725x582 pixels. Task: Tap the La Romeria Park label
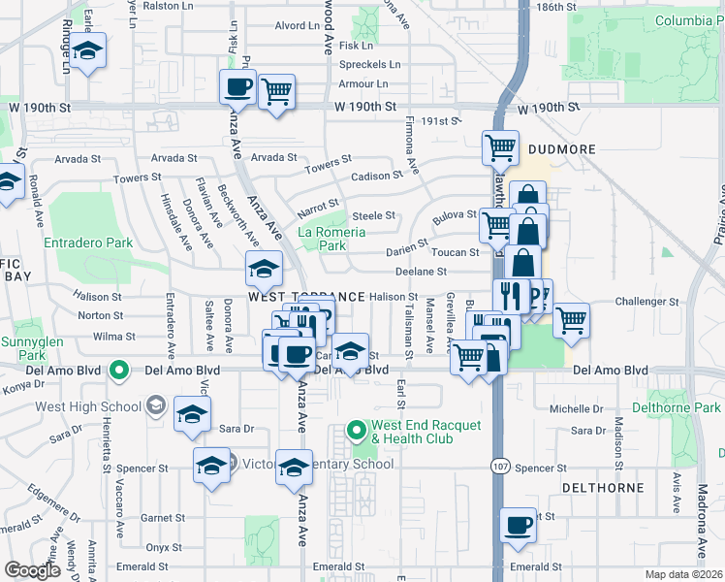click(x=331, y=239)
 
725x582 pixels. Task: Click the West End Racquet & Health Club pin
click(x=357, y=429)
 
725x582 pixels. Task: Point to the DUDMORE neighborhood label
click(x=567, y=149)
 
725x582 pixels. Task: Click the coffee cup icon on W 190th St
click(x=238, y=89)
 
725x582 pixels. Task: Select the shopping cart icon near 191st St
click(x=500, y=147)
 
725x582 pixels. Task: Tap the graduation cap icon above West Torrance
click(x=264, y=267)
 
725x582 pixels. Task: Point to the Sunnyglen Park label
click(x=21, y=348)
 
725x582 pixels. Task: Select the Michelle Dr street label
click(x=576, y=410)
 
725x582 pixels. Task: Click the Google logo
click(x=33, y=570)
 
